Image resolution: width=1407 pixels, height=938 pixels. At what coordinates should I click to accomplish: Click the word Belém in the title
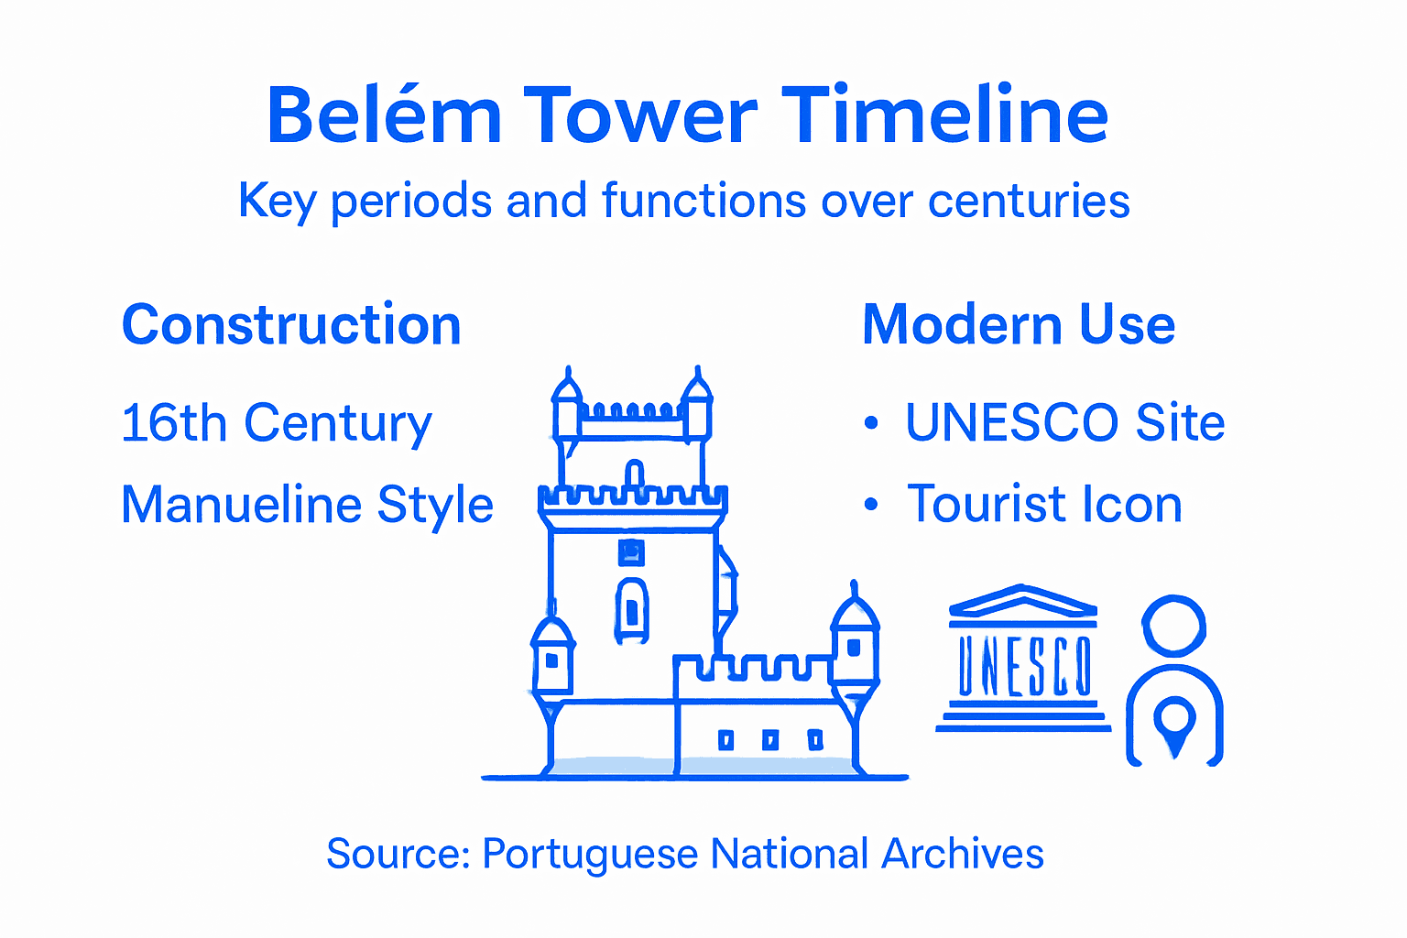384,116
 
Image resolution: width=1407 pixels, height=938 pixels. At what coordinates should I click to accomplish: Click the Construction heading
291,325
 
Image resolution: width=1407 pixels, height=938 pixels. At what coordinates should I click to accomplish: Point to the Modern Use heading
1019,325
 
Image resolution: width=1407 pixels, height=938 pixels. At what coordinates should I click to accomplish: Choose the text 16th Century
276,423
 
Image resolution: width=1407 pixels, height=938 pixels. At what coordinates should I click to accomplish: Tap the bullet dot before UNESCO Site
871,423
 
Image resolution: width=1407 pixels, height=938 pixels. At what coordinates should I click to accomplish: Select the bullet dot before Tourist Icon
871,505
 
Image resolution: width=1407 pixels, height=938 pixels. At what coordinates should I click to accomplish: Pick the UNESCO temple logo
1023,658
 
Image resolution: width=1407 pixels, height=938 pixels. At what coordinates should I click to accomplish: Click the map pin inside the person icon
1175,721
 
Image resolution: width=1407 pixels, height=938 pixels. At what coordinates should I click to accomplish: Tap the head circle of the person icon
1173,627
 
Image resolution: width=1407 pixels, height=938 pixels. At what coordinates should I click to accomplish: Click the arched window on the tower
632,608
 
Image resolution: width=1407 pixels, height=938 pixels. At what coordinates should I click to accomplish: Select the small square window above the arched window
631,552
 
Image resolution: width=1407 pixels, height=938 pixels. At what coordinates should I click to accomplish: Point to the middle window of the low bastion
770,739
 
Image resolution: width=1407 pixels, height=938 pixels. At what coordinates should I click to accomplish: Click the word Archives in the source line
962,854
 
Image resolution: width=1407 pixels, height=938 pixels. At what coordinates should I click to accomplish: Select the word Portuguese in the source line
590,854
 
